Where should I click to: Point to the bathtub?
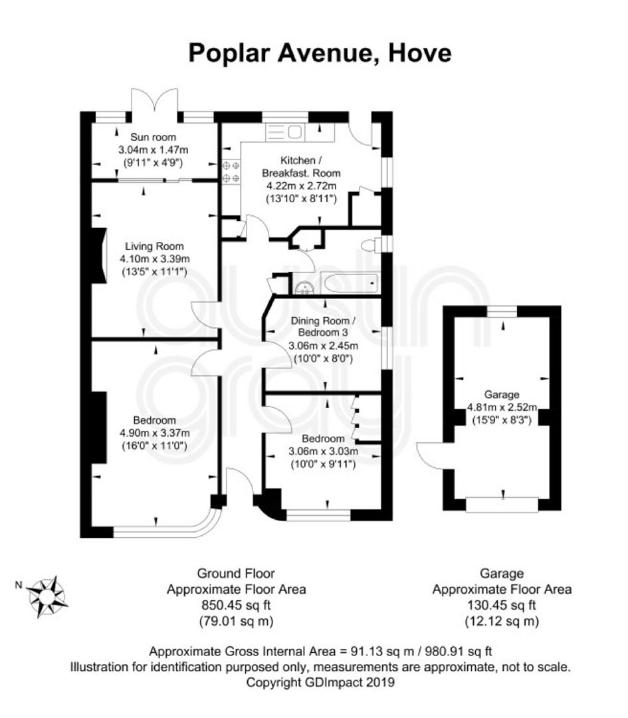350,283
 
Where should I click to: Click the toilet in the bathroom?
370,245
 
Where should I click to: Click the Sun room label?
153,137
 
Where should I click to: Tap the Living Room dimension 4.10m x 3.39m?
155,259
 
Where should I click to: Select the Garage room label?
502,394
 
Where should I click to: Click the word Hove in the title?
420,53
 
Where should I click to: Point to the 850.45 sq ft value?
236,605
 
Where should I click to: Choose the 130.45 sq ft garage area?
502,605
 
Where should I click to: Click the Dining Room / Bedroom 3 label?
323,326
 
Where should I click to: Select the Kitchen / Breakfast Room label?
301,167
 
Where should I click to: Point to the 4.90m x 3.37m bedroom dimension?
155,433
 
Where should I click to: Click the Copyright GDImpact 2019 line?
320,682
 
